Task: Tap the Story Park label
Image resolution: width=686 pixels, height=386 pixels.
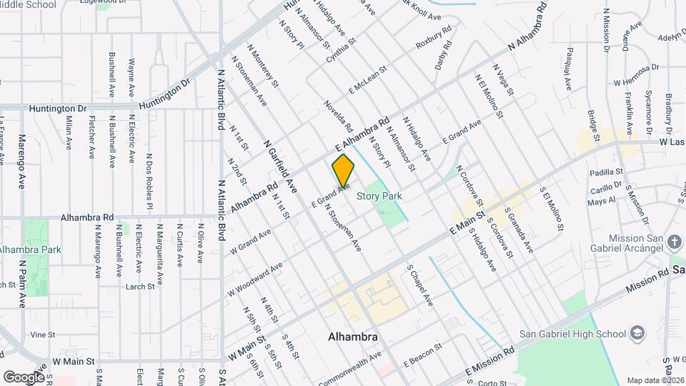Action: point(379,196)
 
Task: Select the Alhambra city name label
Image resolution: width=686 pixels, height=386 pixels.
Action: point(352,336)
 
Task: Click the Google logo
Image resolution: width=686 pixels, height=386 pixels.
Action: point(24,377)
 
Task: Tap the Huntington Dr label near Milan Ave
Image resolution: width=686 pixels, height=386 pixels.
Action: point(57,109)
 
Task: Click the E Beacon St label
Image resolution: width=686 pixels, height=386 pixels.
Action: point(423,356)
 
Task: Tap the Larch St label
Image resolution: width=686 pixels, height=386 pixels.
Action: point(139,287)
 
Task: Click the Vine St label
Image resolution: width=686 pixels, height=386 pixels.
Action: point(43,335)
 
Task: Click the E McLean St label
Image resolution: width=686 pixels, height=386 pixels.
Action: point(367,81)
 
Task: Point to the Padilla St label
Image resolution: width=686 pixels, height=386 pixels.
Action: point(607,172)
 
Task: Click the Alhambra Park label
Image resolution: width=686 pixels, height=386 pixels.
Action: point(30,249)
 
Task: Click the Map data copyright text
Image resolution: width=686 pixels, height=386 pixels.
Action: point(655,380)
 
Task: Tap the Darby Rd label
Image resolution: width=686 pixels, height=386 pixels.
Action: point(444,57)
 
